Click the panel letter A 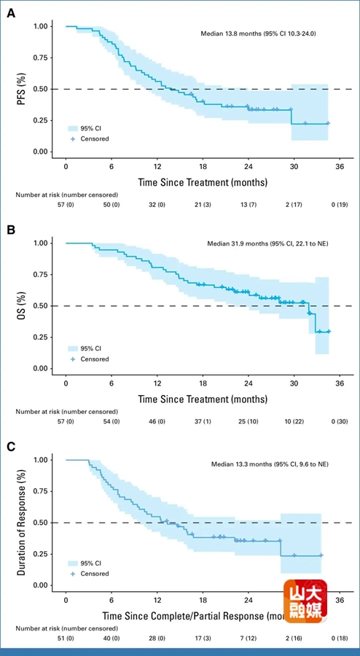tap(11, 13)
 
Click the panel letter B tap(11, 230)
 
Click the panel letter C tap(11, 447)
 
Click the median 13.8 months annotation tap(259, 34)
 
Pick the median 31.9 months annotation tap(268, 243)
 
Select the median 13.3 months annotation tap(270, 464)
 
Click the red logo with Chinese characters tap(305, 601)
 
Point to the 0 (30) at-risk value tap(340, 422)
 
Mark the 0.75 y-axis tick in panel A tap(43, 58)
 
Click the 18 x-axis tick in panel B tap(203, 383)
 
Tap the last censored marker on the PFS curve tap(328, 123)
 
